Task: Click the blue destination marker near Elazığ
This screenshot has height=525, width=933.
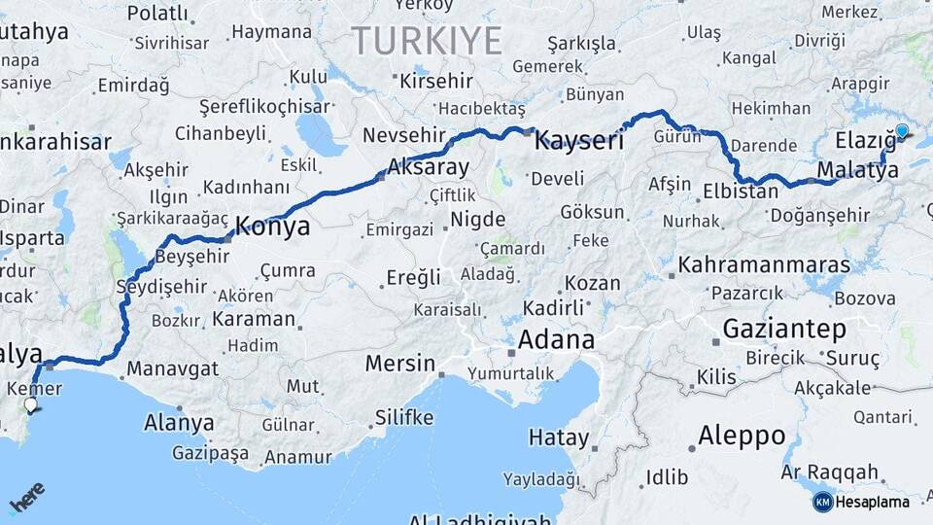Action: click(902, 131)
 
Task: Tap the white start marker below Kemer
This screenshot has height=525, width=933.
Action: click(31, 405)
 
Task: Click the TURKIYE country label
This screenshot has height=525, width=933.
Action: click(427, 41)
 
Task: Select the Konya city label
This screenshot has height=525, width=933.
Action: click(272, 227)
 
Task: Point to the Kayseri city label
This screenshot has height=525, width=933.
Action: click(579, 140)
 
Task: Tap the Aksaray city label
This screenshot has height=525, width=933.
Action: click(428, 167)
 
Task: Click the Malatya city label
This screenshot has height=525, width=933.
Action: click(857, 171)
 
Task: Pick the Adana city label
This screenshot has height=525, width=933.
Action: click(556, 340)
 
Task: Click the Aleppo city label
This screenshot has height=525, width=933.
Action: click(742, 435)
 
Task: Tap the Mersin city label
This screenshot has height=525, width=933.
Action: click(400, 364)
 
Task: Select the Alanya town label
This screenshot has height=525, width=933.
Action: click(179, 423)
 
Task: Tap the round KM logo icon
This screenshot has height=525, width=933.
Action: click(822, 503)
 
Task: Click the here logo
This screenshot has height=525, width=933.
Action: click(26, 498)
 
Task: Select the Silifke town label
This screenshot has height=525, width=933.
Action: click(403, 418)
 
